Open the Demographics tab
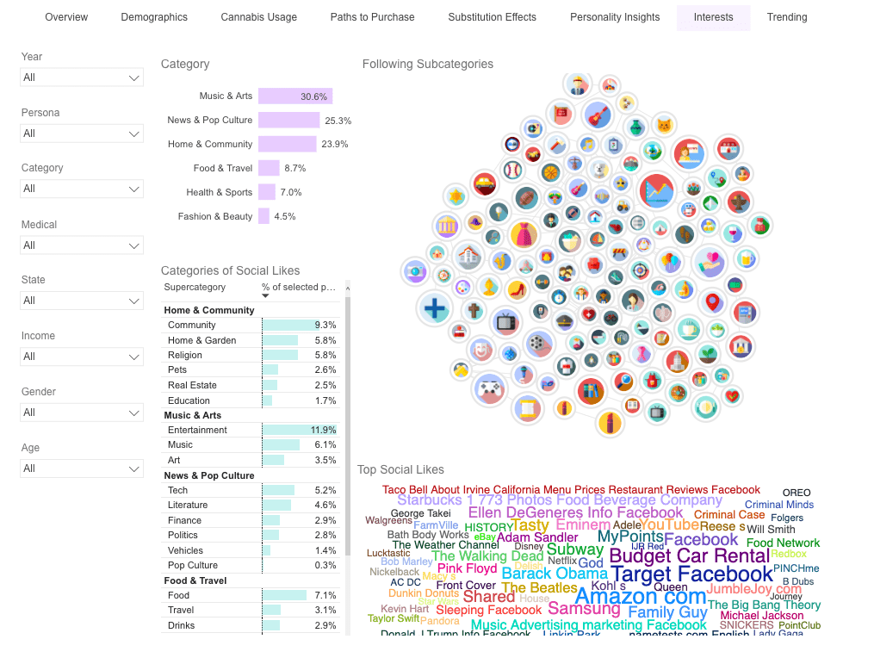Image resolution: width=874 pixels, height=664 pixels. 154,17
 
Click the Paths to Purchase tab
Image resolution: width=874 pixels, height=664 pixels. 372,17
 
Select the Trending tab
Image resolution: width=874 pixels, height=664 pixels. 787,17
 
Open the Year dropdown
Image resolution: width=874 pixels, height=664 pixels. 82,78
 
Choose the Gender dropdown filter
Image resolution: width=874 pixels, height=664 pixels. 82,413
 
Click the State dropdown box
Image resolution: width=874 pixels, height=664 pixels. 82,301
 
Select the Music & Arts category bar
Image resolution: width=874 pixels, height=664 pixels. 294,96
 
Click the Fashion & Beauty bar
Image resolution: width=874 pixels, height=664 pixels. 263,216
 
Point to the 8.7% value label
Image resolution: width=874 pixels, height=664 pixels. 295,169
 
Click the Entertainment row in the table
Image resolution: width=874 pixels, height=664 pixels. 197,430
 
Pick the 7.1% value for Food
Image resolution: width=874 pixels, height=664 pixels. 325,595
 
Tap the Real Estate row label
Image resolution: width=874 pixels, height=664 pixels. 192,385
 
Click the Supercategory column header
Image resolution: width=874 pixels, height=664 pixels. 195,287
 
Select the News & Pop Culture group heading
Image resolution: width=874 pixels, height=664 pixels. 209,475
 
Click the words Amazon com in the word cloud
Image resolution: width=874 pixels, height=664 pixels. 640,596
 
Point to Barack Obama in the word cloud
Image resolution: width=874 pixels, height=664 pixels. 555,574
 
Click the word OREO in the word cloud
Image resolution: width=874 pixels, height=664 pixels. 797,493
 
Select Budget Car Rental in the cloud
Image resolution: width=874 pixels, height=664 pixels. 689,555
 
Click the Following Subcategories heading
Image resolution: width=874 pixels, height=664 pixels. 428,64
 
